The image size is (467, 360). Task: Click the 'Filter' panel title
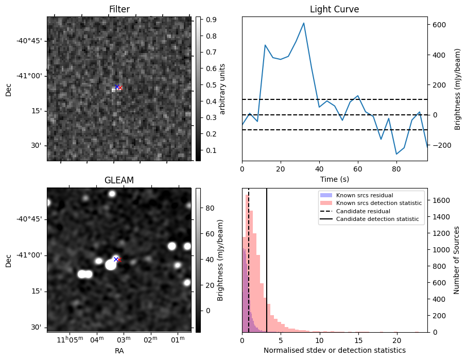point(119,9)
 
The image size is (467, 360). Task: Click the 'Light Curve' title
point(334,9)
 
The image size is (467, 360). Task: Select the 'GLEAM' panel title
point(119,180)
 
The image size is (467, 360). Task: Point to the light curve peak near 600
point(304,23)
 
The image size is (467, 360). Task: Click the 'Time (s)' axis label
point(334,179)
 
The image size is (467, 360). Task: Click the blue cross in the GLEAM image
point(116,259)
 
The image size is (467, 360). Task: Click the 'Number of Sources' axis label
point(456,260)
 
